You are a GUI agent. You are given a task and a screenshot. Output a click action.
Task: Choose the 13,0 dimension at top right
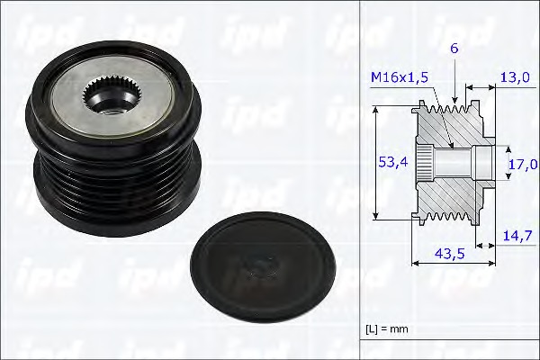click(515, 78)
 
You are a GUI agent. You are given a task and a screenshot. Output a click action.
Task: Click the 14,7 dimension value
click(515, 235)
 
